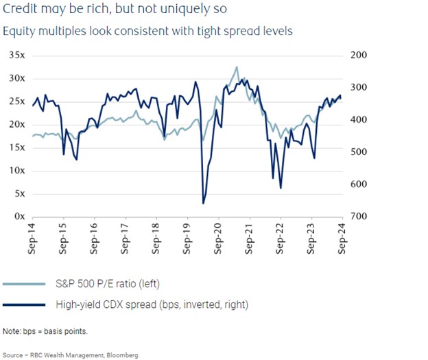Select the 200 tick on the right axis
(358, 55)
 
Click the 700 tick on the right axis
(358, 217)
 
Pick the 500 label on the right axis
(358, 152)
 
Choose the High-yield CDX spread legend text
(151, 304)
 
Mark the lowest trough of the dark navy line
(203, 203)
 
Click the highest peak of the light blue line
(237, 67)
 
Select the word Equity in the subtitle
(19, 31)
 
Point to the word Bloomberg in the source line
(121, 355)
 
